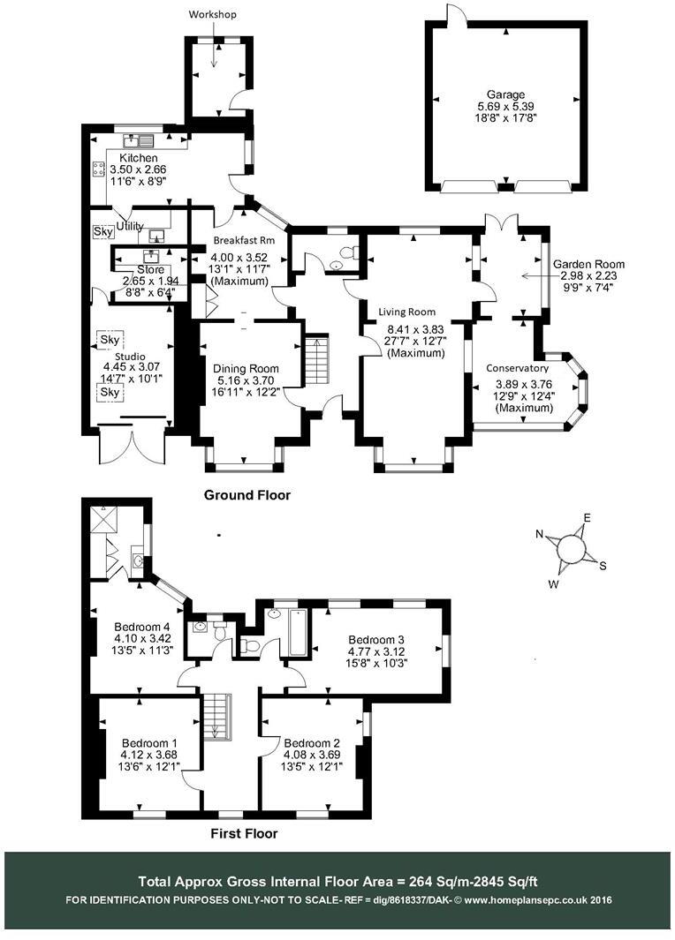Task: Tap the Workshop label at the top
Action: (213, 14)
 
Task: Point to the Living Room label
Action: (407, 312)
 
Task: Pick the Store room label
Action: (151, 269)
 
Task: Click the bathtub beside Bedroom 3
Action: (297, 632)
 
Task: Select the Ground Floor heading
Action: (247, 495)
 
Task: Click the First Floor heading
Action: (244, 833)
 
